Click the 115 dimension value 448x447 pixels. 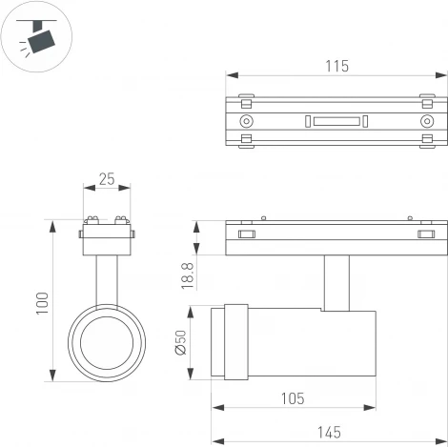(x=336, y=66)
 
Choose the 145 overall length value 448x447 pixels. (x=329, y=432)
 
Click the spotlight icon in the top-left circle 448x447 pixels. (x=39, y=39)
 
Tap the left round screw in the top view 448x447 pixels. (x=247, y=121)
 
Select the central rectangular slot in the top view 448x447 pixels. (x=335, y=121)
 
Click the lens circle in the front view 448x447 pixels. (x=106, y=344)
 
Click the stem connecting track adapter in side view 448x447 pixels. (x=336, y=282)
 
